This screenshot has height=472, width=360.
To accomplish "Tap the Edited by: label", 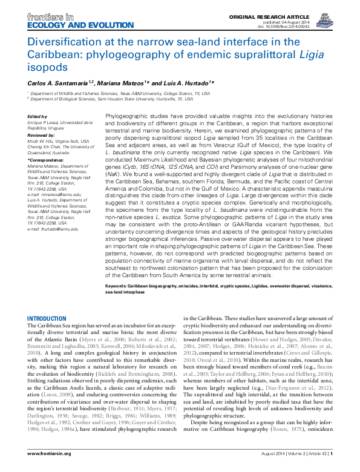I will point(38,116).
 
